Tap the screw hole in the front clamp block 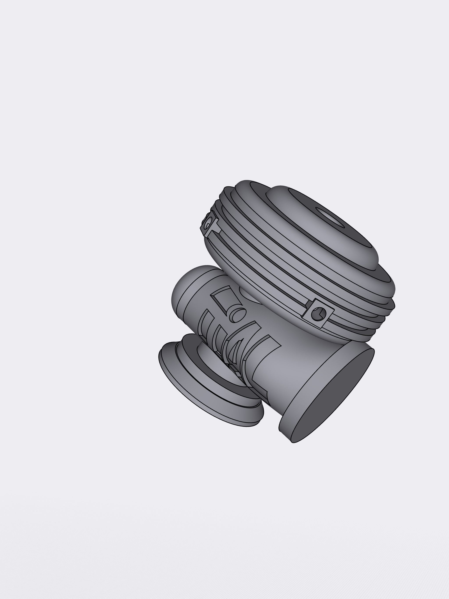coord(315,314)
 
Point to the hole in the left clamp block coord(208,225)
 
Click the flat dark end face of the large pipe coord(333,395)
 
